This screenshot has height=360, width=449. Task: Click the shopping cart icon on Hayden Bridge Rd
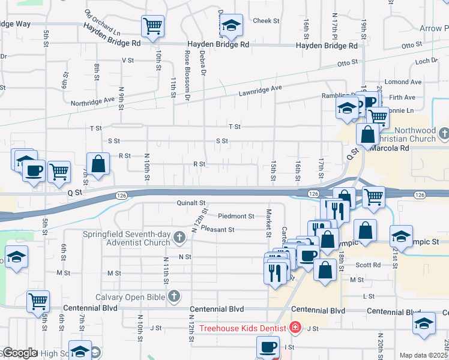153,26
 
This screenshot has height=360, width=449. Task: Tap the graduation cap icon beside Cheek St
231,26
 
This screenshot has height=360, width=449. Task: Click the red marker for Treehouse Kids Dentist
295,328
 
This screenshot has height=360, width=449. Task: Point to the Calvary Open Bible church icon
174,296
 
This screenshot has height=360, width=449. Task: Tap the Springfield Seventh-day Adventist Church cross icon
179,238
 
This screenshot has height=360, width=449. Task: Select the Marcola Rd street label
393,148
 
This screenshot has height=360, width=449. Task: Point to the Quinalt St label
191,203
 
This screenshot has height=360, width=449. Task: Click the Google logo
19,353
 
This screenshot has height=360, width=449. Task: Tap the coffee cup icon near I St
268,347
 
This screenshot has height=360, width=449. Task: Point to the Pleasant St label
217,229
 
